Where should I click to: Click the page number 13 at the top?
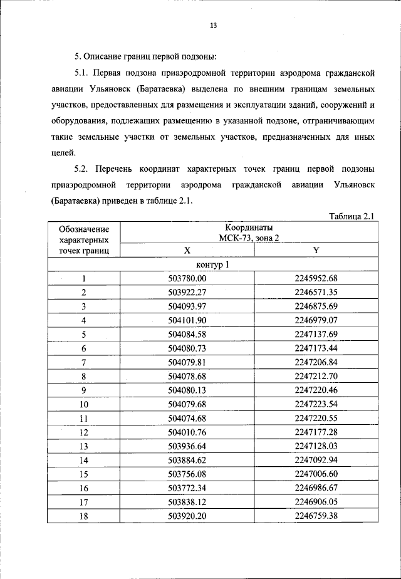(x=213, y=26)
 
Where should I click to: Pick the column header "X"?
(x=187, y=250)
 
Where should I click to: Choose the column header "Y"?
(x=316, y=250)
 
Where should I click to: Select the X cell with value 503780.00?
(x=187, y=279)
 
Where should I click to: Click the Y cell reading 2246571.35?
(x=316, y=292)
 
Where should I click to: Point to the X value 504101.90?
(x=187, y=320)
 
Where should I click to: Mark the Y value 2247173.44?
(x=316, y=347)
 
